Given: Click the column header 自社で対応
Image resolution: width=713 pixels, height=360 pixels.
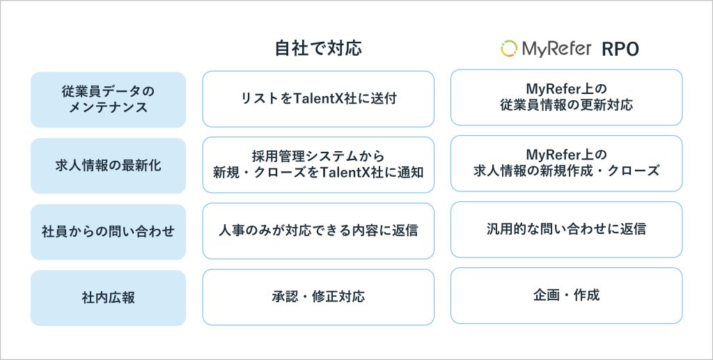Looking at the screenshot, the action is [318, 48].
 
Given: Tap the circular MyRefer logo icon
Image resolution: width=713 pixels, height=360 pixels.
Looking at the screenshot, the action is [509, 49].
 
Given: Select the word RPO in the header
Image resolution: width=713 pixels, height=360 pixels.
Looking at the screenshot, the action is [620, 49].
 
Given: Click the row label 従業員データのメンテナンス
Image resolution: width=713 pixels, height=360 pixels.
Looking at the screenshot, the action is [108, 100].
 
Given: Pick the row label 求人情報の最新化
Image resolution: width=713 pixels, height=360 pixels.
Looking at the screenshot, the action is [108, 166].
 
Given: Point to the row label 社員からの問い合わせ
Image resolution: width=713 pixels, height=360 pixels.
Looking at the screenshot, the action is [108, 232].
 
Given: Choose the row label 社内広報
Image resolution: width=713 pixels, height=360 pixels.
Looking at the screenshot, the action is [108, 298].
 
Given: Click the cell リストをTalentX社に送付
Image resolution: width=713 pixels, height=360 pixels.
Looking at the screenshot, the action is [318, 99].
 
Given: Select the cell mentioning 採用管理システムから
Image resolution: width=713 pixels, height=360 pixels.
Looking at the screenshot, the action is [318, 164].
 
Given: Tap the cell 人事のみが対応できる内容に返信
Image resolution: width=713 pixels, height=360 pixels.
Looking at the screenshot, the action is [318, 231].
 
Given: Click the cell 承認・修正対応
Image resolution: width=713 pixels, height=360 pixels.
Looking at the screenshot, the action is [318, 297].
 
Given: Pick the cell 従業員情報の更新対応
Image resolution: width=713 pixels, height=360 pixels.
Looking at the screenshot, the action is [567, 97].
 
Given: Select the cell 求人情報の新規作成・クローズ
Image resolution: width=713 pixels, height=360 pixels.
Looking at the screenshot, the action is [567, 163].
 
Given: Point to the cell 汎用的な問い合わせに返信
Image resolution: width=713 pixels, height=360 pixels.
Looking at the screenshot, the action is [567, 229].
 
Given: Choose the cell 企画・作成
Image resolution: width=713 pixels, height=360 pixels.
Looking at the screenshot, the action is [567, 295].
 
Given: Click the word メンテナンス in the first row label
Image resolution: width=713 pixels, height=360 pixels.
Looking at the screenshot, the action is [108, 108].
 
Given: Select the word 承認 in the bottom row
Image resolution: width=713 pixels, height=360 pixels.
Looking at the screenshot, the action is [285, 297].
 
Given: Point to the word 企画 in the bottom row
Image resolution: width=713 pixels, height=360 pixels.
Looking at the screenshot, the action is [546, 295].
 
